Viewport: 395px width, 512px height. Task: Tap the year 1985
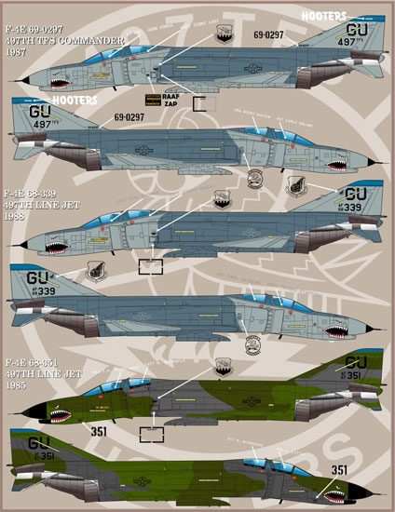(x=15, y=385)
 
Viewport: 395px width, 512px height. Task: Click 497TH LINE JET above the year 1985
(x=39, y=372)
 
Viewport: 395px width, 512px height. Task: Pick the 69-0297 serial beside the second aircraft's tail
(x=130, y=118)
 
